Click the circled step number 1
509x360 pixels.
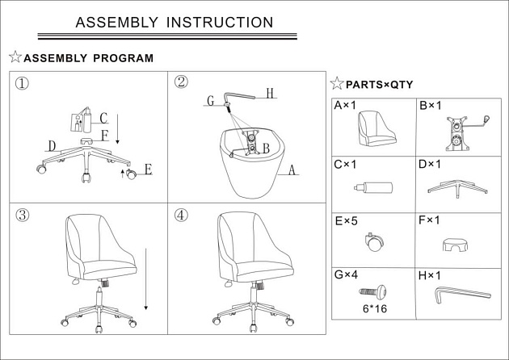pyautogui.click(x=23, y=83)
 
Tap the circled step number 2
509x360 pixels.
pyautogui.click(x=181, y=82)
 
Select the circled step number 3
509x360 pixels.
pyautogui.click(x=23, y=215)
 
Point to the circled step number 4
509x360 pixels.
pyautogui.click(x=181, y=215)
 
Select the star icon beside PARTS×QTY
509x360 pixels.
pyautogui.click(x=336, y=84)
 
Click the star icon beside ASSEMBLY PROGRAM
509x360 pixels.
pyautogui.click(x=15, y=58)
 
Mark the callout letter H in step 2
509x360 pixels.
pyautogui.click(x=271, y=94)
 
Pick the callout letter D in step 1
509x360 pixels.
pyautogui.click(x=51, y=145)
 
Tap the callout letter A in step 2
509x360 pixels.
pyautogui.click(x=292, y=170)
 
